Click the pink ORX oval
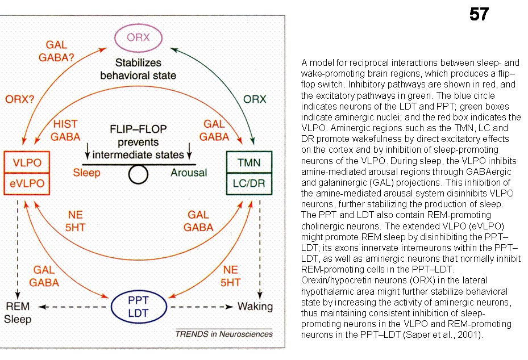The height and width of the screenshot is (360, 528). click(139, 39)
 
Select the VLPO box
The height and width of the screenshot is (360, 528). click(27, 162)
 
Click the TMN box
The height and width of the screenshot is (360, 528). click(248, 162)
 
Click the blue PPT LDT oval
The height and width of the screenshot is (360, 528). click(139, 307)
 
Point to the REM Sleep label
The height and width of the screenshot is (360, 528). click(17, 313)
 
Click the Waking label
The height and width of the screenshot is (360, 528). click(255, 307)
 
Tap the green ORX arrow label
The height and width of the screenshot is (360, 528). click(255, 99)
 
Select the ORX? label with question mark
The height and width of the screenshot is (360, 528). click(20, 98)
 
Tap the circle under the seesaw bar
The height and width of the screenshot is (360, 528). click(138, 174)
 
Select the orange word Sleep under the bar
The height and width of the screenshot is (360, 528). click(86, 173)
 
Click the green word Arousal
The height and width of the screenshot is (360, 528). click(189, 173)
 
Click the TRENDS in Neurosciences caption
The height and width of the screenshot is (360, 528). click(223, 334)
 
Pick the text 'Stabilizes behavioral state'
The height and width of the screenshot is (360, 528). click(138, 69)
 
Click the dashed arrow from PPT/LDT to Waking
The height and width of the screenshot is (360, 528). click(202, 307)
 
